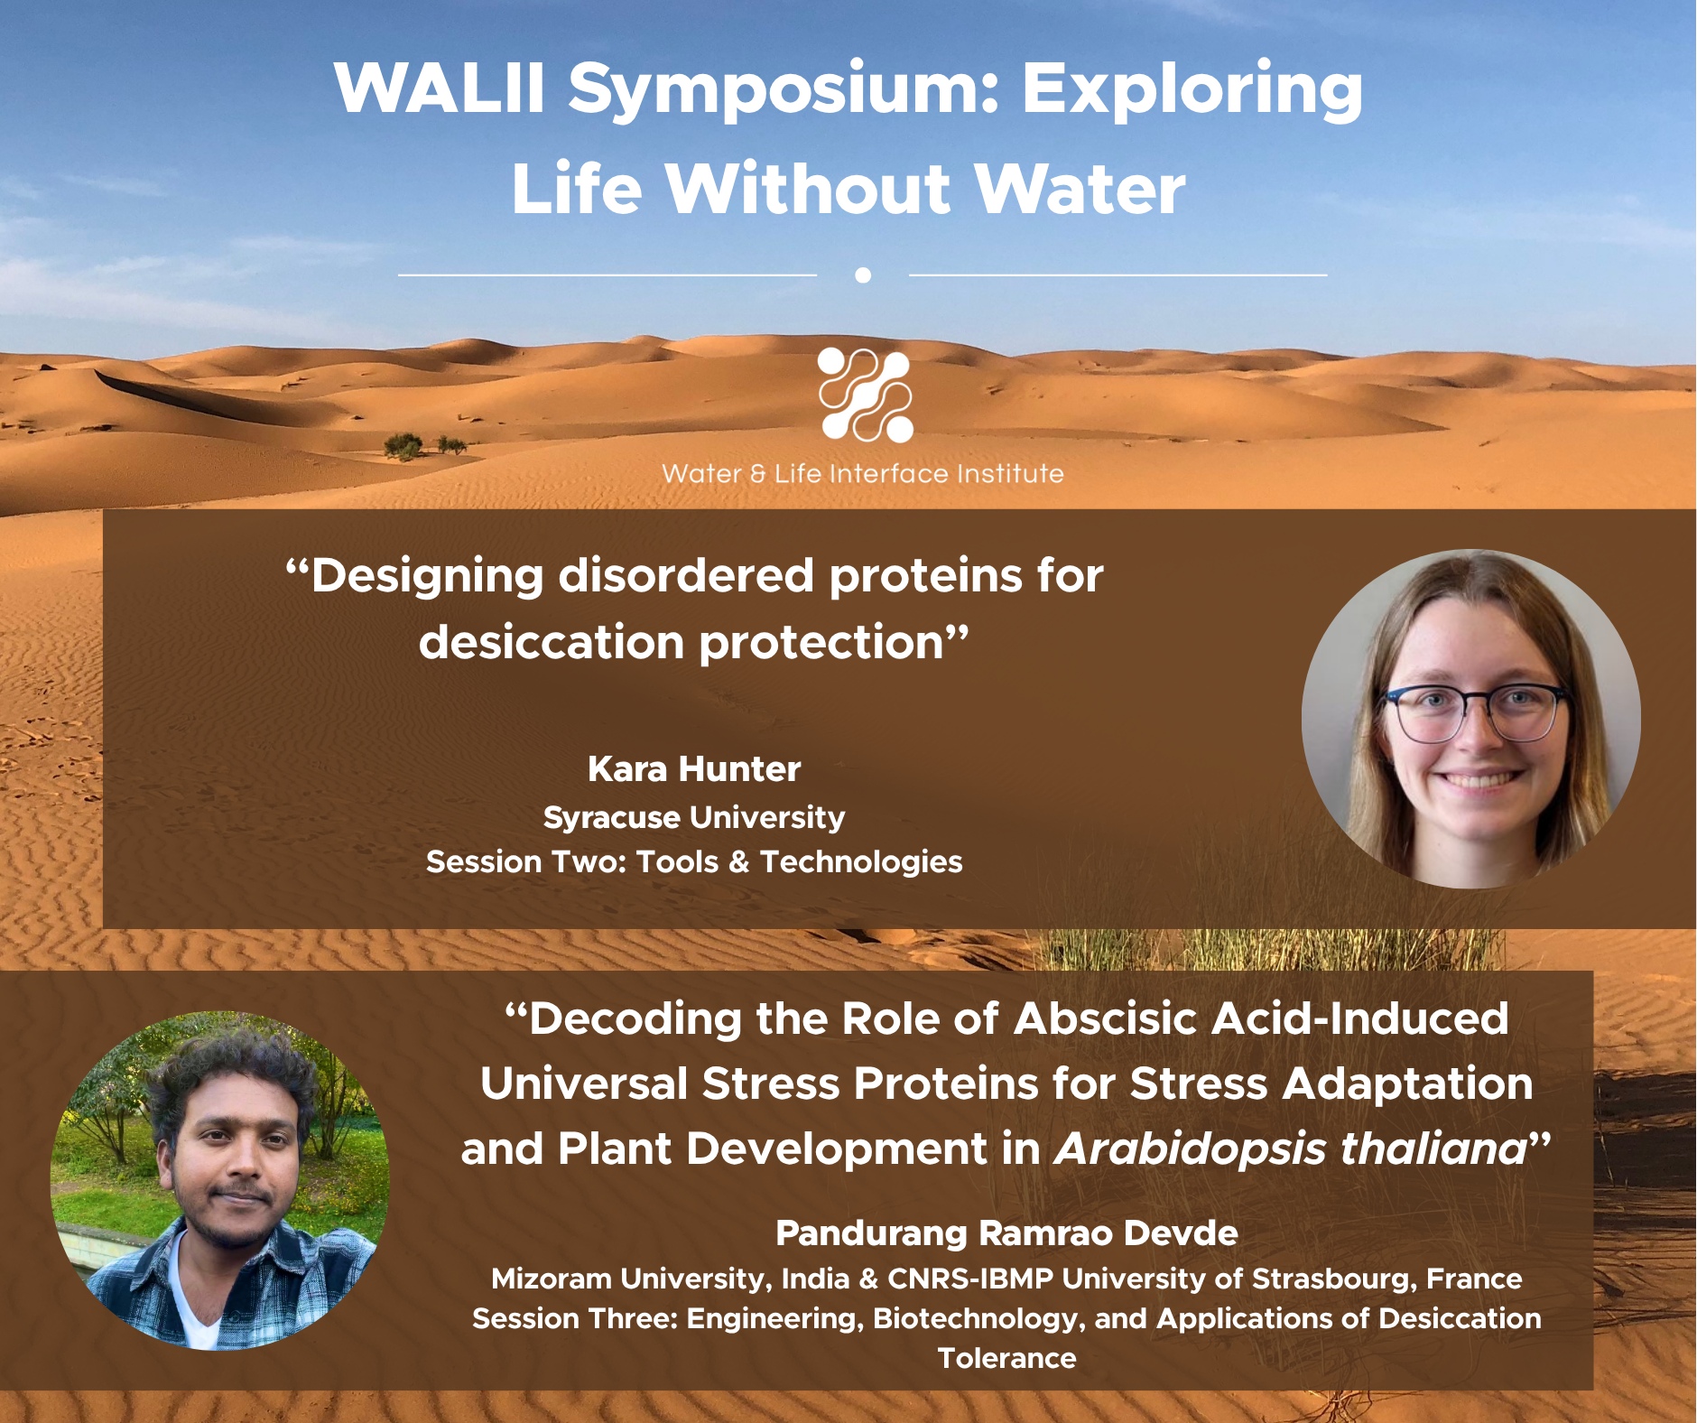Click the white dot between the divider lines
point(863,274)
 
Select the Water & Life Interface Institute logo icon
point(865,395)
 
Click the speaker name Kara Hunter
point(694,769)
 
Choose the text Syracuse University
point(694,817)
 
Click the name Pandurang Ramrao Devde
point(1006,1233)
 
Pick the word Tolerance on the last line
point(1007,1358)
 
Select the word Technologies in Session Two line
point(861,862)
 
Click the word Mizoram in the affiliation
point(552,1279)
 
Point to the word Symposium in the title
point(783,90)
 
